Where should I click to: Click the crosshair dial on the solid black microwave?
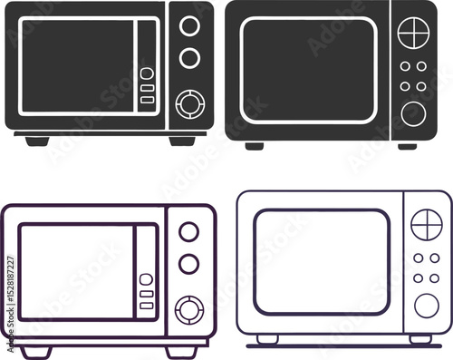413,31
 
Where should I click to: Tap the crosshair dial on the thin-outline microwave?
426,223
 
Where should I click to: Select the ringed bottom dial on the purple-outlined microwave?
189,310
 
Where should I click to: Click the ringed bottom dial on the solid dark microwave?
189,104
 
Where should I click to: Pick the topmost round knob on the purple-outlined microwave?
188,232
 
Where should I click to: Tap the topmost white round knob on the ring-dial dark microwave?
189,26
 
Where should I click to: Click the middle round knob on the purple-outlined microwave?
188,264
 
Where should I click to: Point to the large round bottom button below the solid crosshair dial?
413,112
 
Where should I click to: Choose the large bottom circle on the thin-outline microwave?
426,305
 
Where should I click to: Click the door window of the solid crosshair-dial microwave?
308,70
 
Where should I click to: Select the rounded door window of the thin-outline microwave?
322,261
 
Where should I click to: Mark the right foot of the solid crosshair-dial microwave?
408,145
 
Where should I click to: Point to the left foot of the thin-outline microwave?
267,339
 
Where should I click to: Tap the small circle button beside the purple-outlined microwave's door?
146,279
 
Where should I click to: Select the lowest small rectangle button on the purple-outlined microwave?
146,306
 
